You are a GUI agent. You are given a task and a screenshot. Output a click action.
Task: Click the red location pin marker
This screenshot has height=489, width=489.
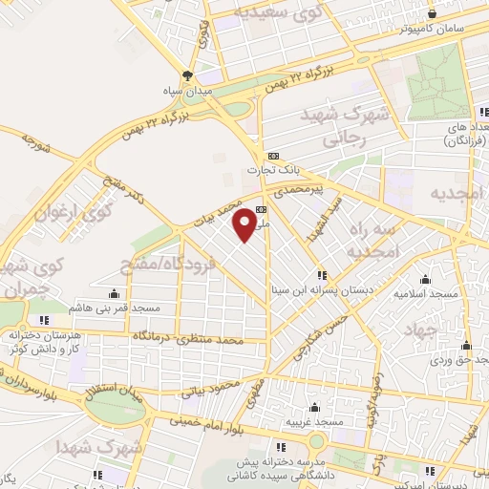[244, 225]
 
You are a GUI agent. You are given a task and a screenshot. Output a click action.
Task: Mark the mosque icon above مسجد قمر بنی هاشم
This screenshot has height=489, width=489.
[115, 293]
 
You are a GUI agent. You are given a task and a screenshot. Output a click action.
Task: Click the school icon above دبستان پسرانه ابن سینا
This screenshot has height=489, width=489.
[322, 275]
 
